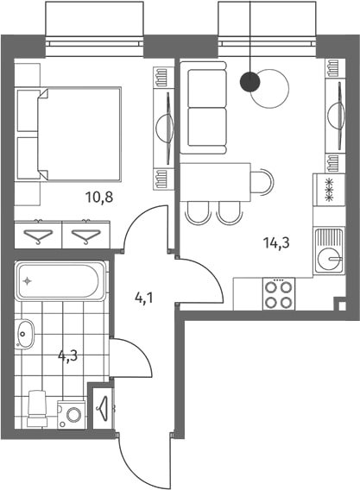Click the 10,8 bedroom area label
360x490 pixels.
[x=98, y=198]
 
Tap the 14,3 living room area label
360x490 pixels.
[x=276, y=242]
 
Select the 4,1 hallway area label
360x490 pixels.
[x=144, y=298]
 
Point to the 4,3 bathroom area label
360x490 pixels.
[x=68, y=355]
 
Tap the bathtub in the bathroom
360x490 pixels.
[x=60, y=281]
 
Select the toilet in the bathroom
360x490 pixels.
[x=37, y=408]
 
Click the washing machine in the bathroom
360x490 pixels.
[x=71, y=415]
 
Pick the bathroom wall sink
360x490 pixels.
[x=24, y=334]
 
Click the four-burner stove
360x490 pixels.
[x=279, y=294]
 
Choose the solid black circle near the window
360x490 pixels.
[x=249, y=82]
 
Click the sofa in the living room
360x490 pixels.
[x=204, y=108]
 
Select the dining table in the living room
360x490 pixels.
[x=216, y=182]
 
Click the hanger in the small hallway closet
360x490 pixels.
[x=102, y=408]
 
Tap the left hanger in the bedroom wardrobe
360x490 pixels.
[x=38, y=236]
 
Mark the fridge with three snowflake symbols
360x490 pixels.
[x=330, y=190]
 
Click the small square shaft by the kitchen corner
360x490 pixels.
[x=342, y=306]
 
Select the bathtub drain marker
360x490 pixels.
[x=28, y=281]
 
